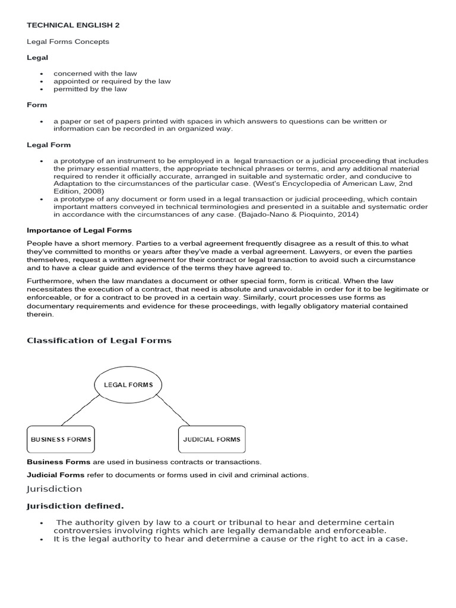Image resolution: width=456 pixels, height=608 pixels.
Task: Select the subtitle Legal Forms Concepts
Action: point(68,42)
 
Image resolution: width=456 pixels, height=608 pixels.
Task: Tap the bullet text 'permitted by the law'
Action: point(90,89)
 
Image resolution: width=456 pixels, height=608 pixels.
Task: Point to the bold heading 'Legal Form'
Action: point(49,145)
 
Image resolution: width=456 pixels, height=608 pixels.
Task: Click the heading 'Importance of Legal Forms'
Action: point(79,230)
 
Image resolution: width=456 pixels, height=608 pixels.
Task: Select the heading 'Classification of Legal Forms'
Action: point(99,340)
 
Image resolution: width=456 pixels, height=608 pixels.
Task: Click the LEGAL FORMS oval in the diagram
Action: point(128,385)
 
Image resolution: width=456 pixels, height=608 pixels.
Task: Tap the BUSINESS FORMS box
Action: point(61,439)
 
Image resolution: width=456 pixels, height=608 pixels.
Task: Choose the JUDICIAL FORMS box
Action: point(212,439)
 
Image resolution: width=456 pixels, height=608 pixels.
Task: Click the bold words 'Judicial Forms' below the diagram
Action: point(56,474)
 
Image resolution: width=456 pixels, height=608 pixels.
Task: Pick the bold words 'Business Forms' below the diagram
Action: point(59,461)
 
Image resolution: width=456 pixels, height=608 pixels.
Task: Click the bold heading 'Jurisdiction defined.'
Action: point(75,506)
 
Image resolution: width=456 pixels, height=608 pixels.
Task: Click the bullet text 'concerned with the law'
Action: point(95,74)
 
